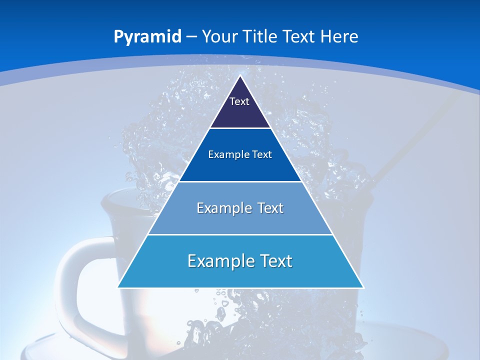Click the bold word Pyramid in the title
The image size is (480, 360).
tap(147, 37)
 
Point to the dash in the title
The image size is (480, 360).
tap(191, 37)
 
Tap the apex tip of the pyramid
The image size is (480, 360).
tap(240, 76)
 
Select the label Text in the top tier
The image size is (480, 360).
tap(239, 101)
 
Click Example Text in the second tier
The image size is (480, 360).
tap(240, 154)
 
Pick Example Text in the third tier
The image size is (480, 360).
tap(240, 208)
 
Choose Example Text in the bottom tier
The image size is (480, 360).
tap(240, 261)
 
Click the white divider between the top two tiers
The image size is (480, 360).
tap(240, 128)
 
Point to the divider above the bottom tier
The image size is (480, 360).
tap(240, 234)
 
